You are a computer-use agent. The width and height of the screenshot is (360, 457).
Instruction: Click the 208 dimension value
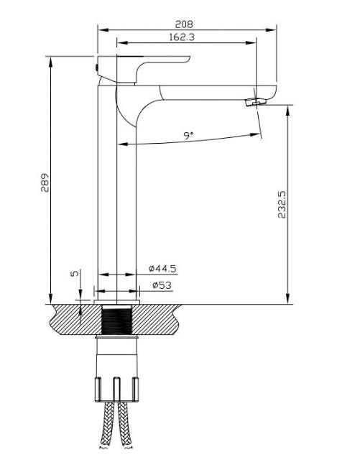coord(187,23)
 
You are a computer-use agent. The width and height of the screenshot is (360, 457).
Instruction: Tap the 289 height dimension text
coord(44,183)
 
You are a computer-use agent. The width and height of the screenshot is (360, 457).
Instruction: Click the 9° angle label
coord(188,134)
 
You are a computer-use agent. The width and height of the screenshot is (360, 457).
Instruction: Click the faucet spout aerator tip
coord(255,103)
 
